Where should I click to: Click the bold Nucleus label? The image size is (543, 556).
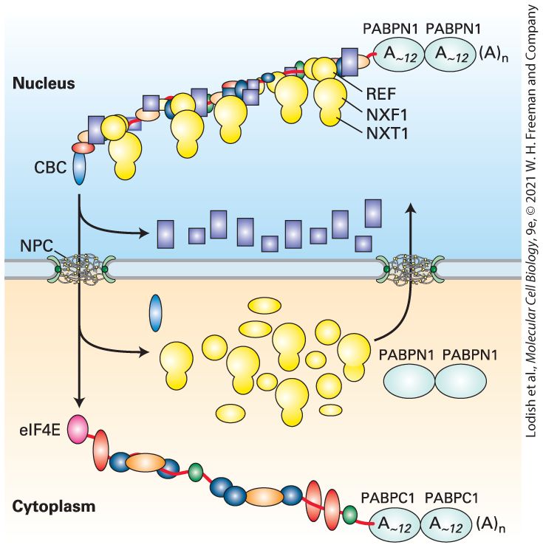click(44, 83)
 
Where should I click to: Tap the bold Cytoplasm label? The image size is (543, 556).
click(54, 507)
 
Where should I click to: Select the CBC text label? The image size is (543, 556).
click(50, 167)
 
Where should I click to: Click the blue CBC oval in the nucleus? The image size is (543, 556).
click(79, 168)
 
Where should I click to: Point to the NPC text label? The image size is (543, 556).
click(36, 246)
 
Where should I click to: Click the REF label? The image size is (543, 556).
click(381, 94)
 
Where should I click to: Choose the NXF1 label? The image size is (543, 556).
click(387, 114)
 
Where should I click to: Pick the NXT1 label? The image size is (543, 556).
click(387, 134)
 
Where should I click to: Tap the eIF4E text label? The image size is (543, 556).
click(39, 430)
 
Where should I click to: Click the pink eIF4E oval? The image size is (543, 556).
click(78, 430)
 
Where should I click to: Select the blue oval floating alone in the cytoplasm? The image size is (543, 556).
click(156, 313)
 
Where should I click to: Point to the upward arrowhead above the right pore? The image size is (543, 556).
click(411, 207)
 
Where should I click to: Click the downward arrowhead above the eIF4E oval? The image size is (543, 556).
click(80, 402)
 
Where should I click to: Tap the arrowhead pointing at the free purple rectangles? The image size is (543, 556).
click(143, 233)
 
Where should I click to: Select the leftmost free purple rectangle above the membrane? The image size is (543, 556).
click(165, 234)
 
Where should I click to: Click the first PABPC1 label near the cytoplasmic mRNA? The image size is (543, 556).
click(388, 498)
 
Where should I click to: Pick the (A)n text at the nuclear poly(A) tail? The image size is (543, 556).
click(494, 56)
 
